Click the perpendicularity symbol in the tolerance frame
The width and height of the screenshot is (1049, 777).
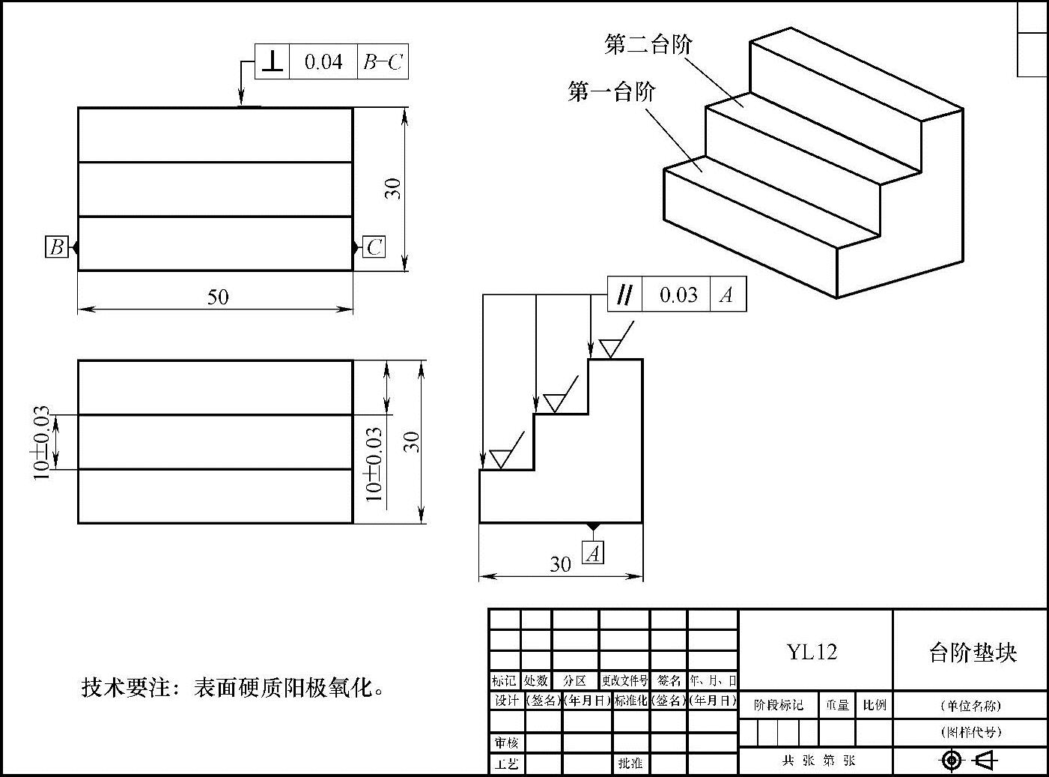coord(272,61)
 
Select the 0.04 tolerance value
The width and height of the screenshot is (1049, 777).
coord(323,61)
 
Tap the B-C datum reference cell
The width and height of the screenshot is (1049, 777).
coord(383,61)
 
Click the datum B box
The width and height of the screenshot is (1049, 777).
coord(56,247)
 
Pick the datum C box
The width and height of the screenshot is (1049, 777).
coord(374,247)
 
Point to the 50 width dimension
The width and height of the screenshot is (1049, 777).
coord(217,297)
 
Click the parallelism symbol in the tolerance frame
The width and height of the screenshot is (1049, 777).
coord(624,294)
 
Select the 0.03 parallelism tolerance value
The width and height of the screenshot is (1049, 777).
coord(678,294)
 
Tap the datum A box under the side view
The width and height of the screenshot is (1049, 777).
coord(593,553)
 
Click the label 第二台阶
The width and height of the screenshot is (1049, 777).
coord(648,45)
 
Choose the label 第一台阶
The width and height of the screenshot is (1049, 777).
coord(612,92)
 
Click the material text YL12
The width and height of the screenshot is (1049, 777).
coord(812,651)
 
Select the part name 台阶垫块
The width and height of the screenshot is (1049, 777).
coord(973,652)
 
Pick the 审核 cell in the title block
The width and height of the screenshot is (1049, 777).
coord(505,743)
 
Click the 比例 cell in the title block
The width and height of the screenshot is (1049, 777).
coord(875,705)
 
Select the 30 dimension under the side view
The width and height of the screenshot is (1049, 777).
coord(560,564)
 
